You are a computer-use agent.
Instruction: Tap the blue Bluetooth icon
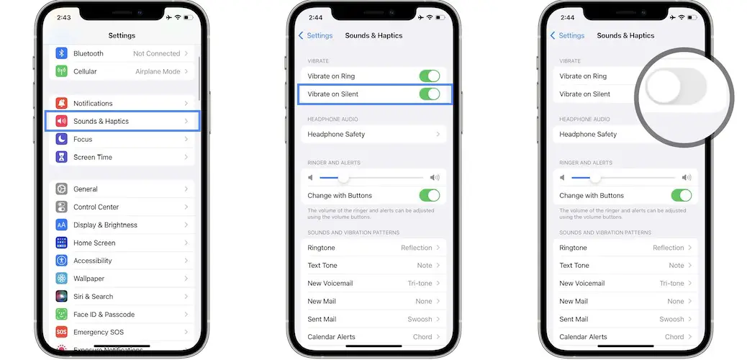tap(61, 53)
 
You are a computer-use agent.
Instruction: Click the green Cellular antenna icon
tap(61, 71)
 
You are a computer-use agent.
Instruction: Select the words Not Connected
tap(157, 53)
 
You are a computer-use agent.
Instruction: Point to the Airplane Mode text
tap(158, 71)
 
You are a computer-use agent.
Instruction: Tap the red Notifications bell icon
tap(61, 103)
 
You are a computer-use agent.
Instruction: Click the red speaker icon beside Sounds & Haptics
tap(61, 121)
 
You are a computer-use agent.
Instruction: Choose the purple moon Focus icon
tap(61, 139)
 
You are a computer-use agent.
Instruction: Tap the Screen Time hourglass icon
tap(61, 157)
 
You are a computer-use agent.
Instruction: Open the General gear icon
tap(61, 189)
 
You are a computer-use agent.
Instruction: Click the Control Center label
tap(96, 207)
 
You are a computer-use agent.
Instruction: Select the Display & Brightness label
tap(105, 225)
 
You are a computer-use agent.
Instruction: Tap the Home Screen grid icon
tap(61, 243)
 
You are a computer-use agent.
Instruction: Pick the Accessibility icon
tap(61, 261)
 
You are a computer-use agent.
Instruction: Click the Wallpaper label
tap(89, 279)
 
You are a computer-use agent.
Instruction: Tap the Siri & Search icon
tap(61, 297)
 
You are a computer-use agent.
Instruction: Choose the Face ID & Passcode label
tap(104, 314)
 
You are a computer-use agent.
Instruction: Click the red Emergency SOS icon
tap(61, 333)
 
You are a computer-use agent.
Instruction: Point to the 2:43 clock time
tap(64, 18)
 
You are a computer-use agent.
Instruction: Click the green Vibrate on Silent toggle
tap(429, 94)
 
